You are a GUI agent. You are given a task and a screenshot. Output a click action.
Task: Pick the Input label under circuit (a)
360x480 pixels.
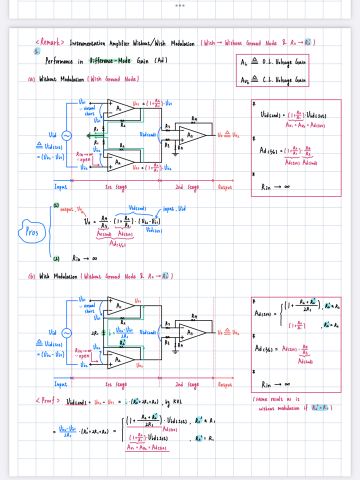point(59,187)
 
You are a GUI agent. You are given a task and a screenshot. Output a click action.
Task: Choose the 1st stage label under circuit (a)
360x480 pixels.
point(115,187)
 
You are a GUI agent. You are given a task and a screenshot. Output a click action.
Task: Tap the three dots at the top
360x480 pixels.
point(180,5)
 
